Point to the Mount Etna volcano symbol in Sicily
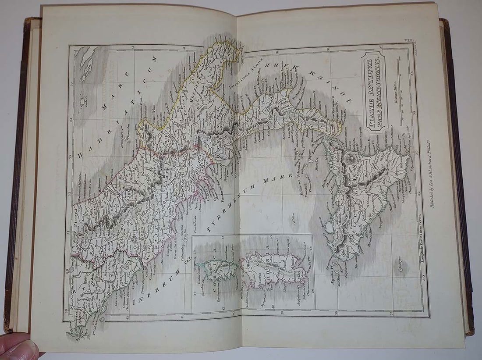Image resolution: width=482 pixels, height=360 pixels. pos(351,157)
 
